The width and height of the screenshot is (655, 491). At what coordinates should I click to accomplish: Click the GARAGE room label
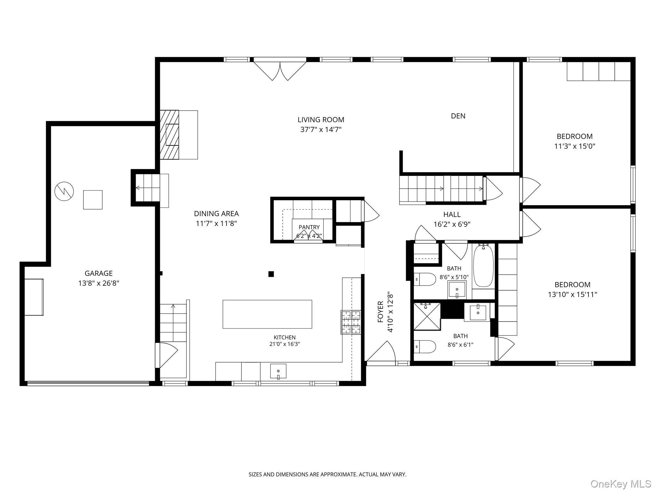click(x=99, y=273)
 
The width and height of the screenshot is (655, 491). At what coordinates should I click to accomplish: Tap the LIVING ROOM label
click(x=321, y=120)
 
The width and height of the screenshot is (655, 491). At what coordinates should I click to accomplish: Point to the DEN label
click(x=458, y=116)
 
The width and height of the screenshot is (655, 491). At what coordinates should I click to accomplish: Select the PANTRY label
click(x=309, y=227)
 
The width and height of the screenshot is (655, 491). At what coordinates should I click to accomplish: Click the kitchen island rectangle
click(x=267, y=314)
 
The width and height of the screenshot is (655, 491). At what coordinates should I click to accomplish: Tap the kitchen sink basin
click(x=278, y=371)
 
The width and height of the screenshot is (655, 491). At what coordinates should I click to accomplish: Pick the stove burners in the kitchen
click(x=351, y=322)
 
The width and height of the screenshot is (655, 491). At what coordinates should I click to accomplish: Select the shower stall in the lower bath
click(x=427, y=317)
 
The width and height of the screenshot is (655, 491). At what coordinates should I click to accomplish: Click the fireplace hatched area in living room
click(x=169, y=135)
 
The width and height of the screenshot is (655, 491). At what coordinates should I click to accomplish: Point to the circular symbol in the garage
click(x=64, y=191)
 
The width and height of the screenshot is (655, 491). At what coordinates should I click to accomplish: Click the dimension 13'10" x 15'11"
click(x=572, y=294)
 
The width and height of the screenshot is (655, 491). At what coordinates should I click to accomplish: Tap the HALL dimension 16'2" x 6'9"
click(x=452, y=224)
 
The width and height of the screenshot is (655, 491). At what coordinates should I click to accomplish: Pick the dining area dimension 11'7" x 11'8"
click(x=216, y=223)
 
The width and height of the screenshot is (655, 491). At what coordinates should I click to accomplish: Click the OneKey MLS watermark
click(x=621, y=484)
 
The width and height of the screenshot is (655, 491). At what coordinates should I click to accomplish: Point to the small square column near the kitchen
click(x=271, y=274)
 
